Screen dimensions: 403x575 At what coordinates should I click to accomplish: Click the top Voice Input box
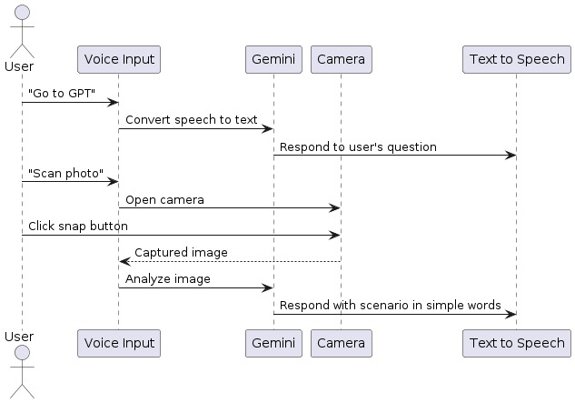pyautogui.click(x=119, y=60)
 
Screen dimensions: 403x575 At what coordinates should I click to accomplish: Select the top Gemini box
pyautogui.click(x=273, y=60)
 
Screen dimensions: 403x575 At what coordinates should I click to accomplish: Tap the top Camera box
pyautogui.click(x=341, y=60)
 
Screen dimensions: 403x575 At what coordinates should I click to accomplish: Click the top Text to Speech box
pyautogui.click(x=516, y=60)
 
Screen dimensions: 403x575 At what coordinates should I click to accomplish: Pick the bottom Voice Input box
pyautogui.click(x=119, y=343)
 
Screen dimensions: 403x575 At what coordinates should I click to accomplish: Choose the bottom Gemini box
pyautogui.click(x=273, y=343)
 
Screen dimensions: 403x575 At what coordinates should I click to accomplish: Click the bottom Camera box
pyautogui.click(x=341, y=343)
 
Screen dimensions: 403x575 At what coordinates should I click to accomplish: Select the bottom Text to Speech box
pyautogui.click(x=516, y=343)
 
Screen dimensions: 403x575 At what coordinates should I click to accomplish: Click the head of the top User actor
pyautogui.click(x=22, y=13)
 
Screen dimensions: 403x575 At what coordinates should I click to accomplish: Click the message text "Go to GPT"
pyautogui.click(x=62, y=94)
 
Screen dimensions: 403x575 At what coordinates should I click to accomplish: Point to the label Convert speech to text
pyautogui.click(x=192, y=120)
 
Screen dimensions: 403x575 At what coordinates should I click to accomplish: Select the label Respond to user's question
pyautogui.click(x=358, y=146)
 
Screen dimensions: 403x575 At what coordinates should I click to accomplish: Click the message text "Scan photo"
pyautogui.click(x=65, y=173)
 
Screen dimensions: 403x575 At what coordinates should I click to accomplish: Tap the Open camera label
pyautogui.click(x=164, y=199)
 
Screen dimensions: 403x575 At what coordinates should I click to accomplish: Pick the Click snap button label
pyautogui.click(x=78, y=226)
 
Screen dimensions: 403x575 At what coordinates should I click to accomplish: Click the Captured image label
pyautogui.click(x=181, y=252)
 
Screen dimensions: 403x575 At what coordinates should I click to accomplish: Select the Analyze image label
pyautogui.click(x=168, y=278)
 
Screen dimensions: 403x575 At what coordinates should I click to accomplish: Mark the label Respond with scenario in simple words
pyautogui.click(x=391, y=305)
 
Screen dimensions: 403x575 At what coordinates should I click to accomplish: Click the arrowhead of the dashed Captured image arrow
pyautogui.click(x=124, y=261)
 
